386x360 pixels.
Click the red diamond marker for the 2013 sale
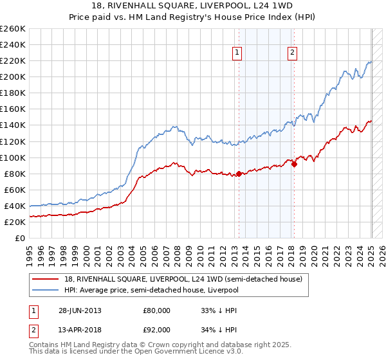coord(239,174)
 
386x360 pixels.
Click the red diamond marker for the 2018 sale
coord(294,164)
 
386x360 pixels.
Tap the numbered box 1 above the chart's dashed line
coord(237,53)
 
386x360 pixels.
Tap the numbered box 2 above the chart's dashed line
coord(292,53)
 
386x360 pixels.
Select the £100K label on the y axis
coord(12,157)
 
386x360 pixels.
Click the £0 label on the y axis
coord(20,238)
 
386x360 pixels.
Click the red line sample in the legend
coord(46,278)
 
